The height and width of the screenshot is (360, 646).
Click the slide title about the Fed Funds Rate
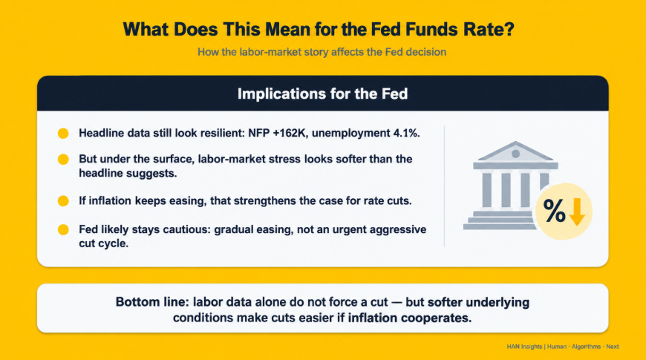coord(319,30)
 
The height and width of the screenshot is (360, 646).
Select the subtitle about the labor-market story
coord(322,52)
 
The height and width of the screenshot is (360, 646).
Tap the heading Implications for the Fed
coord(322,94)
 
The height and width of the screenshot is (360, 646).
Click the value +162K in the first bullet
coord(290,133)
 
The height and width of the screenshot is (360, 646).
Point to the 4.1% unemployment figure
coord(406,133)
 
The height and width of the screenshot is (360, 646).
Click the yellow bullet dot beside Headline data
coord(63,134)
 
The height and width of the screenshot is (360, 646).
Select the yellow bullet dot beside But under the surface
coord(63,160)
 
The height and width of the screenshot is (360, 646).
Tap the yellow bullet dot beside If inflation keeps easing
coord(63,201)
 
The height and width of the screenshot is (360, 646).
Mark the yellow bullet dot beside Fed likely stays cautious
coord(63,229)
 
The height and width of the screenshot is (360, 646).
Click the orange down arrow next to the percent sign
coord(577,212)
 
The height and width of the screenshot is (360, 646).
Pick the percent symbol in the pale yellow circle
coord(554,211)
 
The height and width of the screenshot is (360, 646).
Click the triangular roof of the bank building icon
coord(515,151)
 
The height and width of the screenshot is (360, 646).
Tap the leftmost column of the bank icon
coord(486,189)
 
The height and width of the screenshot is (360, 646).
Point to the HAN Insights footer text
coord(524,347)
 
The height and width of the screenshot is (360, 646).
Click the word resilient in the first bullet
coord(221,133)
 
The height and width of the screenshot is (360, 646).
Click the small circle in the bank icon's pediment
coord(515,154)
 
